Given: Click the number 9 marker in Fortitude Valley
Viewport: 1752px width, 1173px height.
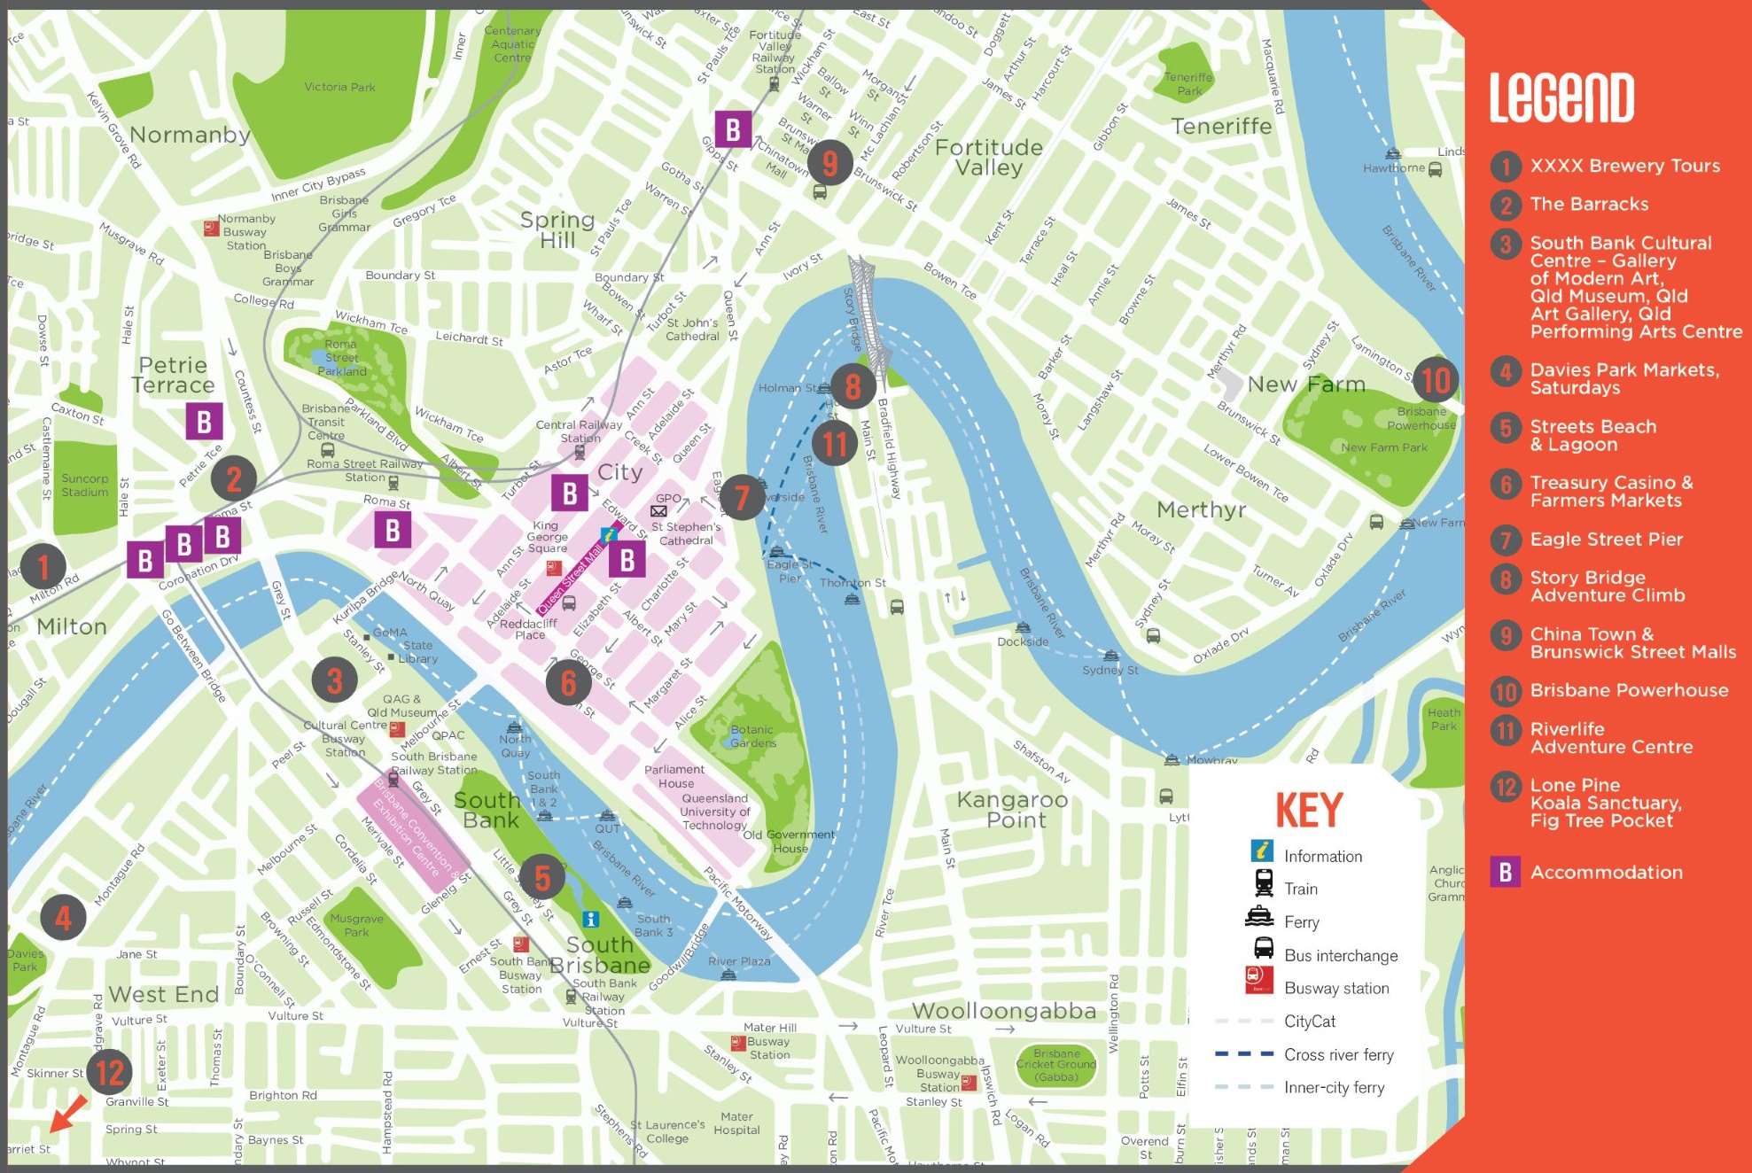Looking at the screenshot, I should pos(829,162).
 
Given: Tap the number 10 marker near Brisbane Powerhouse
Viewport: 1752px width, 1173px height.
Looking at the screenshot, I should pos(1436,380).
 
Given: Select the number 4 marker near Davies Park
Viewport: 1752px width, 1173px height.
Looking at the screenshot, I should pos(63,918).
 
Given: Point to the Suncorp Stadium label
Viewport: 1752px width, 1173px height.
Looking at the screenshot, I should pos(84,486).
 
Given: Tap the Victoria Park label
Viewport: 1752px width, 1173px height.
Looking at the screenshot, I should pos(339,87).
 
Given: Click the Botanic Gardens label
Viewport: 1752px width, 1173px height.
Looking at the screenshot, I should pos(752,736).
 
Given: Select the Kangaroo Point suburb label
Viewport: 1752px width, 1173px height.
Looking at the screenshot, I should pos(1013,810).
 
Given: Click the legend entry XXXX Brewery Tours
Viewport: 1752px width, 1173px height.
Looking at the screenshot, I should pos(1624,166).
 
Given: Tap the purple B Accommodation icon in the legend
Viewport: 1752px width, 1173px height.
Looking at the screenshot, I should pos(1505,872).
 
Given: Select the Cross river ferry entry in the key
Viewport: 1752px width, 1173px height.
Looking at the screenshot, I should pos(1338,1054).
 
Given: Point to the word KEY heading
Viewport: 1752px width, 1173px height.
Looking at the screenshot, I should pos(1309,810).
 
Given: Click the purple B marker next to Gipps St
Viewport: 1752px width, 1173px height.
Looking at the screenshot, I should pos(733,129).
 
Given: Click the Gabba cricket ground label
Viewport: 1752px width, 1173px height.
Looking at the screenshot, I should pos(1056,1066).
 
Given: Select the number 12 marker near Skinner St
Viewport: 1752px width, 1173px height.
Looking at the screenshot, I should pos(110,1072).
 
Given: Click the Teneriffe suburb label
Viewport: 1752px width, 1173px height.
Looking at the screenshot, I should pos(1221,127).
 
